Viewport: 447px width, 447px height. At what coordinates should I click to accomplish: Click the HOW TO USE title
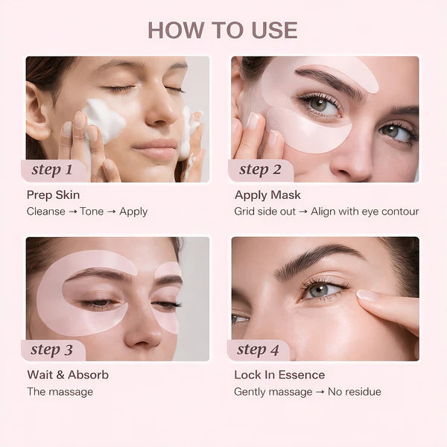tap(223, 30)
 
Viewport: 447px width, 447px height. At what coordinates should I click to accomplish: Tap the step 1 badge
tap(52, 170)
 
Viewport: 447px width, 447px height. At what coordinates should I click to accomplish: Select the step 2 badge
tap(260, 170)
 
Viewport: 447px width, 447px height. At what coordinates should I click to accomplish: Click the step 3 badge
tap(52, 349)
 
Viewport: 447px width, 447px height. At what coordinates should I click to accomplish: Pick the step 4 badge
tap(257, 349)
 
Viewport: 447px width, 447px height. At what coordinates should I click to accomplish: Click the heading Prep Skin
tap(53, 195)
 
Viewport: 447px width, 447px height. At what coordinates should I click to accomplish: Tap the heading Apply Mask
tap(267, 195)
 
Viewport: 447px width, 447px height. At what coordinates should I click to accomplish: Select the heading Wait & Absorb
tap(68, 375)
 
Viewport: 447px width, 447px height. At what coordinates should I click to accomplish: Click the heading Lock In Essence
tap(279, 375)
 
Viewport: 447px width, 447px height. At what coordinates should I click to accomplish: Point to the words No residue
tap(356, 392)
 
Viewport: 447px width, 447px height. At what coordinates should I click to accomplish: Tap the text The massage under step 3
tap(60, 392)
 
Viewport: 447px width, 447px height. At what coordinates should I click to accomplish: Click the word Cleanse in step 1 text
tap(46, 212)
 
